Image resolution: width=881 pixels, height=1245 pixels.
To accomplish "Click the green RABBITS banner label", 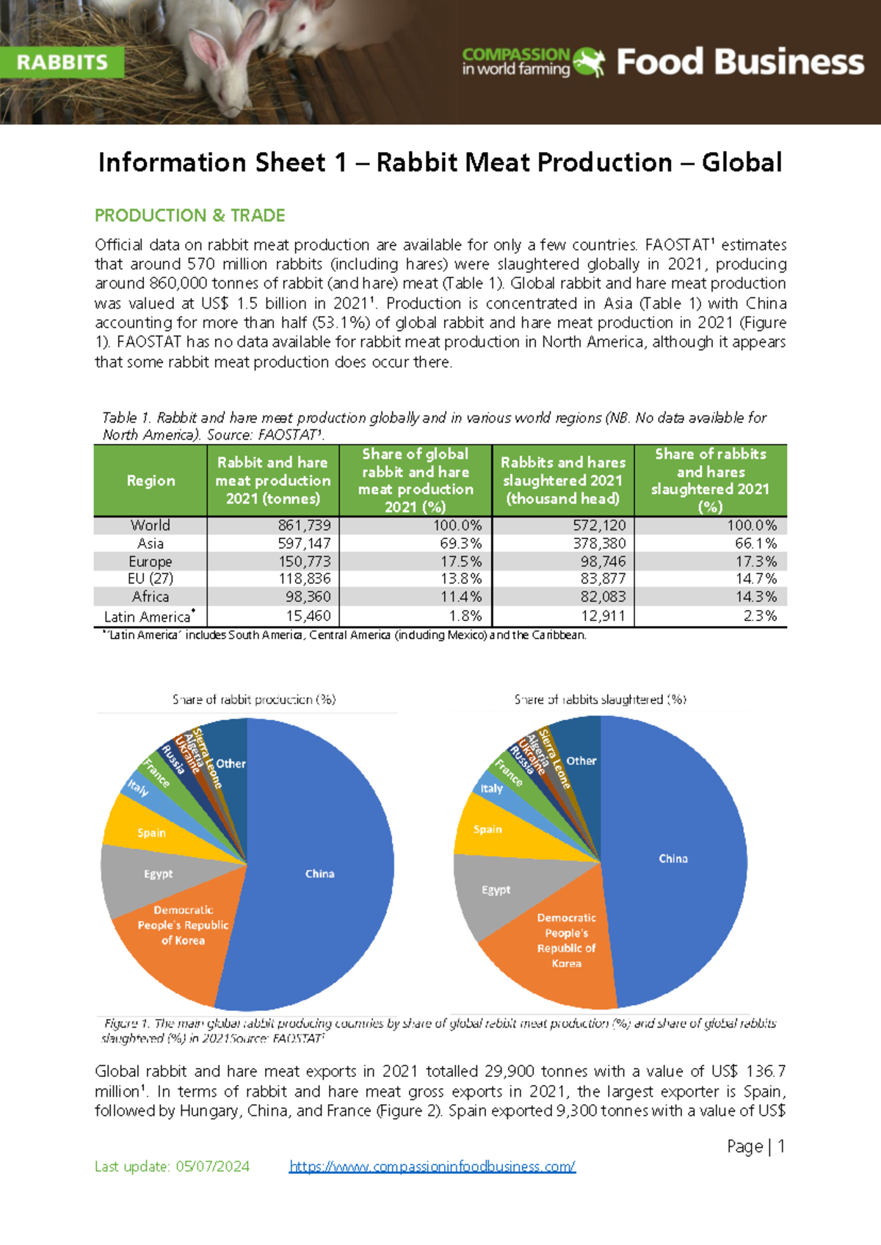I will pos(62,62).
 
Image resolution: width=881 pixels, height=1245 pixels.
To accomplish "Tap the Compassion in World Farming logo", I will pos(533,62).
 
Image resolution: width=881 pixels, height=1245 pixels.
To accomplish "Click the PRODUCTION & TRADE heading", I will pos(189,215).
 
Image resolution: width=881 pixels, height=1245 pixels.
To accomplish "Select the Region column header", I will pos(151,480).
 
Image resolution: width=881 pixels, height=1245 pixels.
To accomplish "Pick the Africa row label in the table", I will pos(151,597).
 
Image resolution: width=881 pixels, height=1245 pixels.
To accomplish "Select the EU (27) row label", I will pos(151,578).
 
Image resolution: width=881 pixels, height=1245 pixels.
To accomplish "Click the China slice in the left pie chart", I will pos(320,874).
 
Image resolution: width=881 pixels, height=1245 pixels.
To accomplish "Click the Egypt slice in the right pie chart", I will pos(496,890).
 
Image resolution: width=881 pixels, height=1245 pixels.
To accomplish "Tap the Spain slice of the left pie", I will pos(151,832).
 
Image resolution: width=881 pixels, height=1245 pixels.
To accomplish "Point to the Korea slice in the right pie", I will pos(566,941).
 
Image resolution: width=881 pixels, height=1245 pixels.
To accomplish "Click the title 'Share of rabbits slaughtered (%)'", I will pos(600,700).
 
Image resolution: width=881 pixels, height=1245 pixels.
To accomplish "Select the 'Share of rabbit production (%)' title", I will pos(254,700).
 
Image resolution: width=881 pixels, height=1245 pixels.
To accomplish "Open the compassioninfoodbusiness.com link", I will pos(432,1166).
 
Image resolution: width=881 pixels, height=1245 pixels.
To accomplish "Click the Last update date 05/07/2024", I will pos(212,1166).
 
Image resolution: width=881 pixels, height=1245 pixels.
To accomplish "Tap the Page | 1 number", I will pos(756,1146).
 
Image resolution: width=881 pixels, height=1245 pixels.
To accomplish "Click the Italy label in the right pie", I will pos(491,788).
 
